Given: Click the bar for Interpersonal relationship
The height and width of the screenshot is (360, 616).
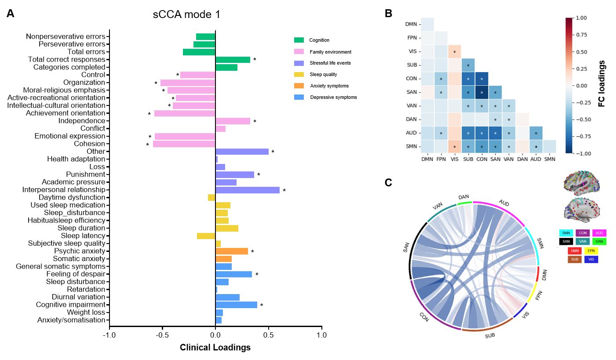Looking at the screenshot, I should tap(248, 190).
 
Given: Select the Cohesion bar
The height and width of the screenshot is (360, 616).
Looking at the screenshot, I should tap(184, 144).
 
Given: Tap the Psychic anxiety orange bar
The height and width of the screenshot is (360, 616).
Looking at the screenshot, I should tap(232, 251).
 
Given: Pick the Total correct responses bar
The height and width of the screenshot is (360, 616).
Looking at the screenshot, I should tap(233, 59).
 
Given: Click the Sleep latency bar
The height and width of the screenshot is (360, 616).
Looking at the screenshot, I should tap(206, 236).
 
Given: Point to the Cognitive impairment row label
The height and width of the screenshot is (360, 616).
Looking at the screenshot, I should tap(71, 305).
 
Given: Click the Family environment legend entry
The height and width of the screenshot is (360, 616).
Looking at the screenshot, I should tap(330, 52).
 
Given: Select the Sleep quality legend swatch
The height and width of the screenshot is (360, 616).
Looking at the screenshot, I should tap(299, 74).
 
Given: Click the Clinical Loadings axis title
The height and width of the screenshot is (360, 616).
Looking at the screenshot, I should tap(215, 348).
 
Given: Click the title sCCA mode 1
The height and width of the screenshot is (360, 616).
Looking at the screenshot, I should tap(186, 15).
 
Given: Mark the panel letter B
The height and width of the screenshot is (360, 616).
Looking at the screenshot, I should tap(388, 14).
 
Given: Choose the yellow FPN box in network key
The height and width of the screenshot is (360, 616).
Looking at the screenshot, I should tap(591, 251).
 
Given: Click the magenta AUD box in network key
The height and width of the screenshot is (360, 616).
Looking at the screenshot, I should tap(599, 233).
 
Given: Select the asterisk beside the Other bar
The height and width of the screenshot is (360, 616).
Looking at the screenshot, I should tap(273, 152).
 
